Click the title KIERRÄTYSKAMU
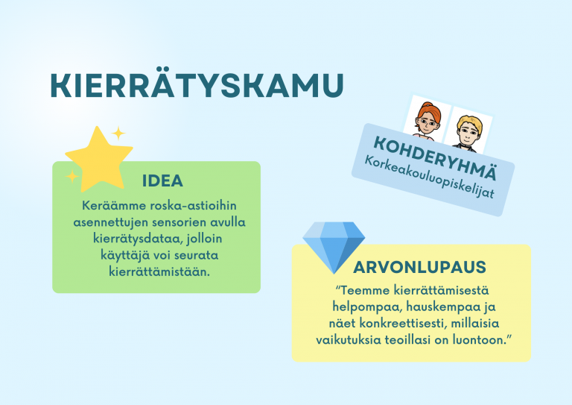tap(197, 85)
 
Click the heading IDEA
tap(162, 181)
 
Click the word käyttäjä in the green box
tap(112, 255)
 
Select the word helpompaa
tap(360, 307)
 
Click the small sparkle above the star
tap(118, 134)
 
